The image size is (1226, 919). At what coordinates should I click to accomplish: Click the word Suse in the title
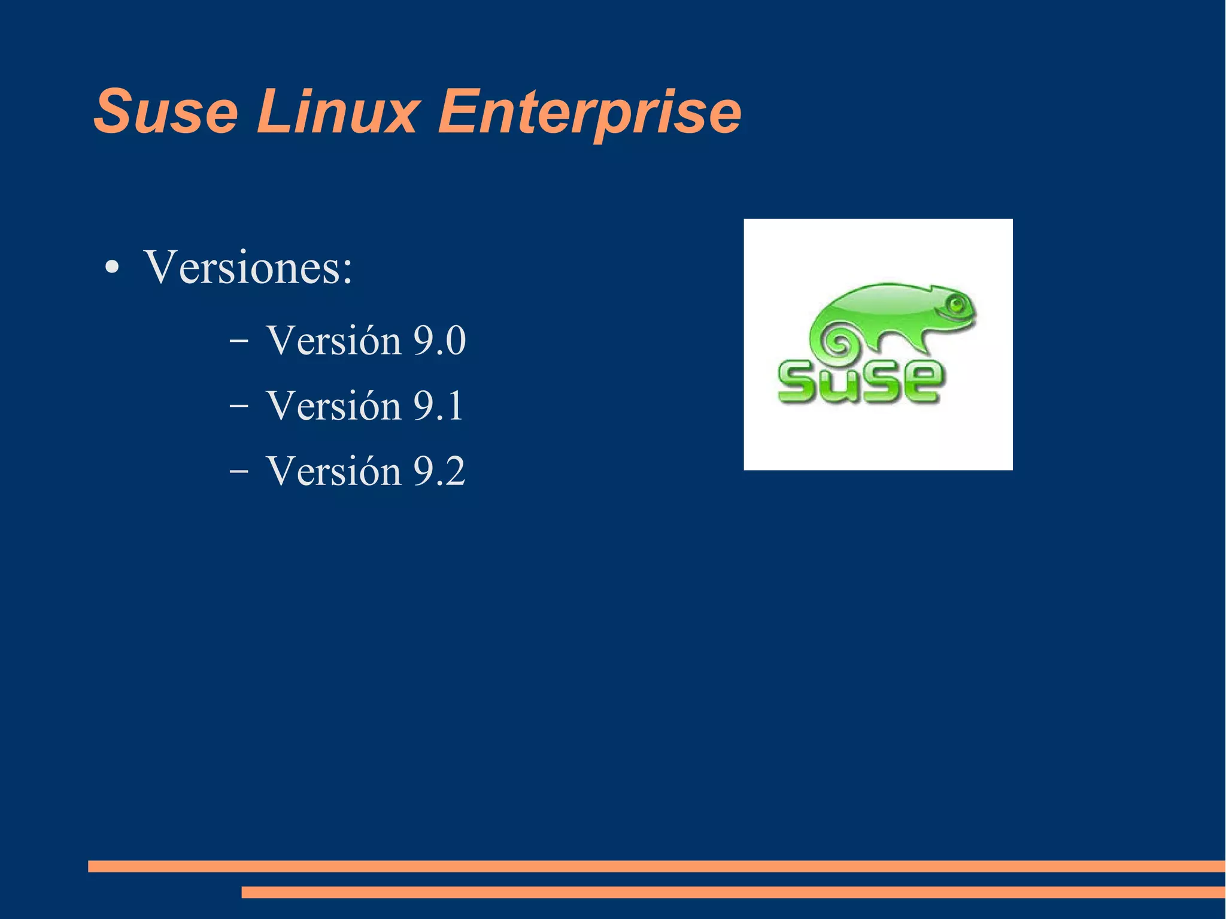(x=166, y=112)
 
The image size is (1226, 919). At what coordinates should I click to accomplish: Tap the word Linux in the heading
(x=338, y=112)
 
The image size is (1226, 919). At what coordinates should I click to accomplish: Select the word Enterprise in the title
(x=590, y=112)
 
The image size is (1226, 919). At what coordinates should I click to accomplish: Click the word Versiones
(x=243, y=267)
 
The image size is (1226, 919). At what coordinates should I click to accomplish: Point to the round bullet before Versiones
(x=112, y=268)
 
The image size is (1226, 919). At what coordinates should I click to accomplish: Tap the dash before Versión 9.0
(x=238, y=341)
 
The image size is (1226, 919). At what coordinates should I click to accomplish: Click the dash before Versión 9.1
(x=238, y=407)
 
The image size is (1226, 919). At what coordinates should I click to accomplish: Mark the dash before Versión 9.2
(x=238, y=472)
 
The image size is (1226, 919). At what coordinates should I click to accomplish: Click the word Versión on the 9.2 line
(x=333, y=472)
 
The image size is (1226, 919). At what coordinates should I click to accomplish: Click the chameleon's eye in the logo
(x=956, y=305)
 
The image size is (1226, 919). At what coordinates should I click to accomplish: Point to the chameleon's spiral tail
(x=839, y=344)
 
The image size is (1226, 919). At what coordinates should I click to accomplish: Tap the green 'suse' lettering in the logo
(x=860, y=381)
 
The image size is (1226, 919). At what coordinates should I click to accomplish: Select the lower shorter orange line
(x=733, y=892)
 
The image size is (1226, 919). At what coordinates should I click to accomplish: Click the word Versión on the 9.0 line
(x=333, y=341)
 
